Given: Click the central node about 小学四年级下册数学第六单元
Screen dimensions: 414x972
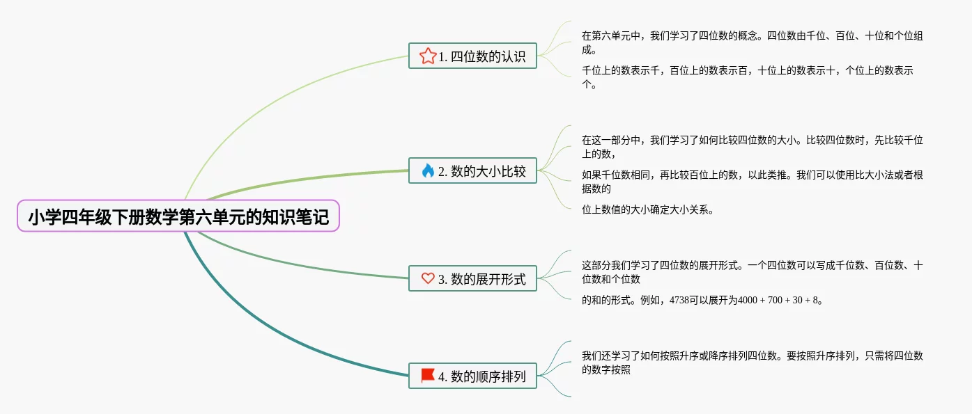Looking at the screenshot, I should click(178, 216).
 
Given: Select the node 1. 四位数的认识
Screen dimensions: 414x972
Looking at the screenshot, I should click(472, 56).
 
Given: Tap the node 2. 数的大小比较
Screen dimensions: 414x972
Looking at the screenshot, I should click(472, 170).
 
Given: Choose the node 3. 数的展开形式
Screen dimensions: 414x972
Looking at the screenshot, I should click(472, 279).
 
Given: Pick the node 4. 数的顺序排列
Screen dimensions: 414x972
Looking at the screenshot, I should click(472, 376).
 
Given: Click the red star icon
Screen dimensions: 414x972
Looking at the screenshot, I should click(428, 56).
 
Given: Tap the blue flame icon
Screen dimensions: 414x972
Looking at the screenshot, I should click(428, 170).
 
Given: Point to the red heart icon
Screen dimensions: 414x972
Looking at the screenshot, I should click(428, 279).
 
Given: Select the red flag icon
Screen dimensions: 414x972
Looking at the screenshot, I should click(428, 376).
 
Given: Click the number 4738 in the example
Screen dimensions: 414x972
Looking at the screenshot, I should click(679, 301).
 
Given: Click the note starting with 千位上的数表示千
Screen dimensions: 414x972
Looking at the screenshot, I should click(747, 77).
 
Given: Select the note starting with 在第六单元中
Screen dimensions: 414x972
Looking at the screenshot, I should click(752, 42).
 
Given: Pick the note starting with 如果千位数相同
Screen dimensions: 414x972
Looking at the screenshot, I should click(752, 182).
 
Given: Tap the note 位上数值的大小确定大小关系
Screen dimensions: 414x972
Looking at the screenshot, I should click(647, 209).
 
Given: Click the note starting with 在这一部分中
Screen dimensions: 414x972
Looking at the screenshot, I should click(752, 147).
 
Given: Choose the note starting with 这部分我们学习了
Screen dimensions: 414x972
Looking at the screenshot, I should click(752, 272).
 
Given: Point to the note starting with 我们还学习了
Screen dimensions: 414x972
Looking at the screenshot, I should click(752, 363).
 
